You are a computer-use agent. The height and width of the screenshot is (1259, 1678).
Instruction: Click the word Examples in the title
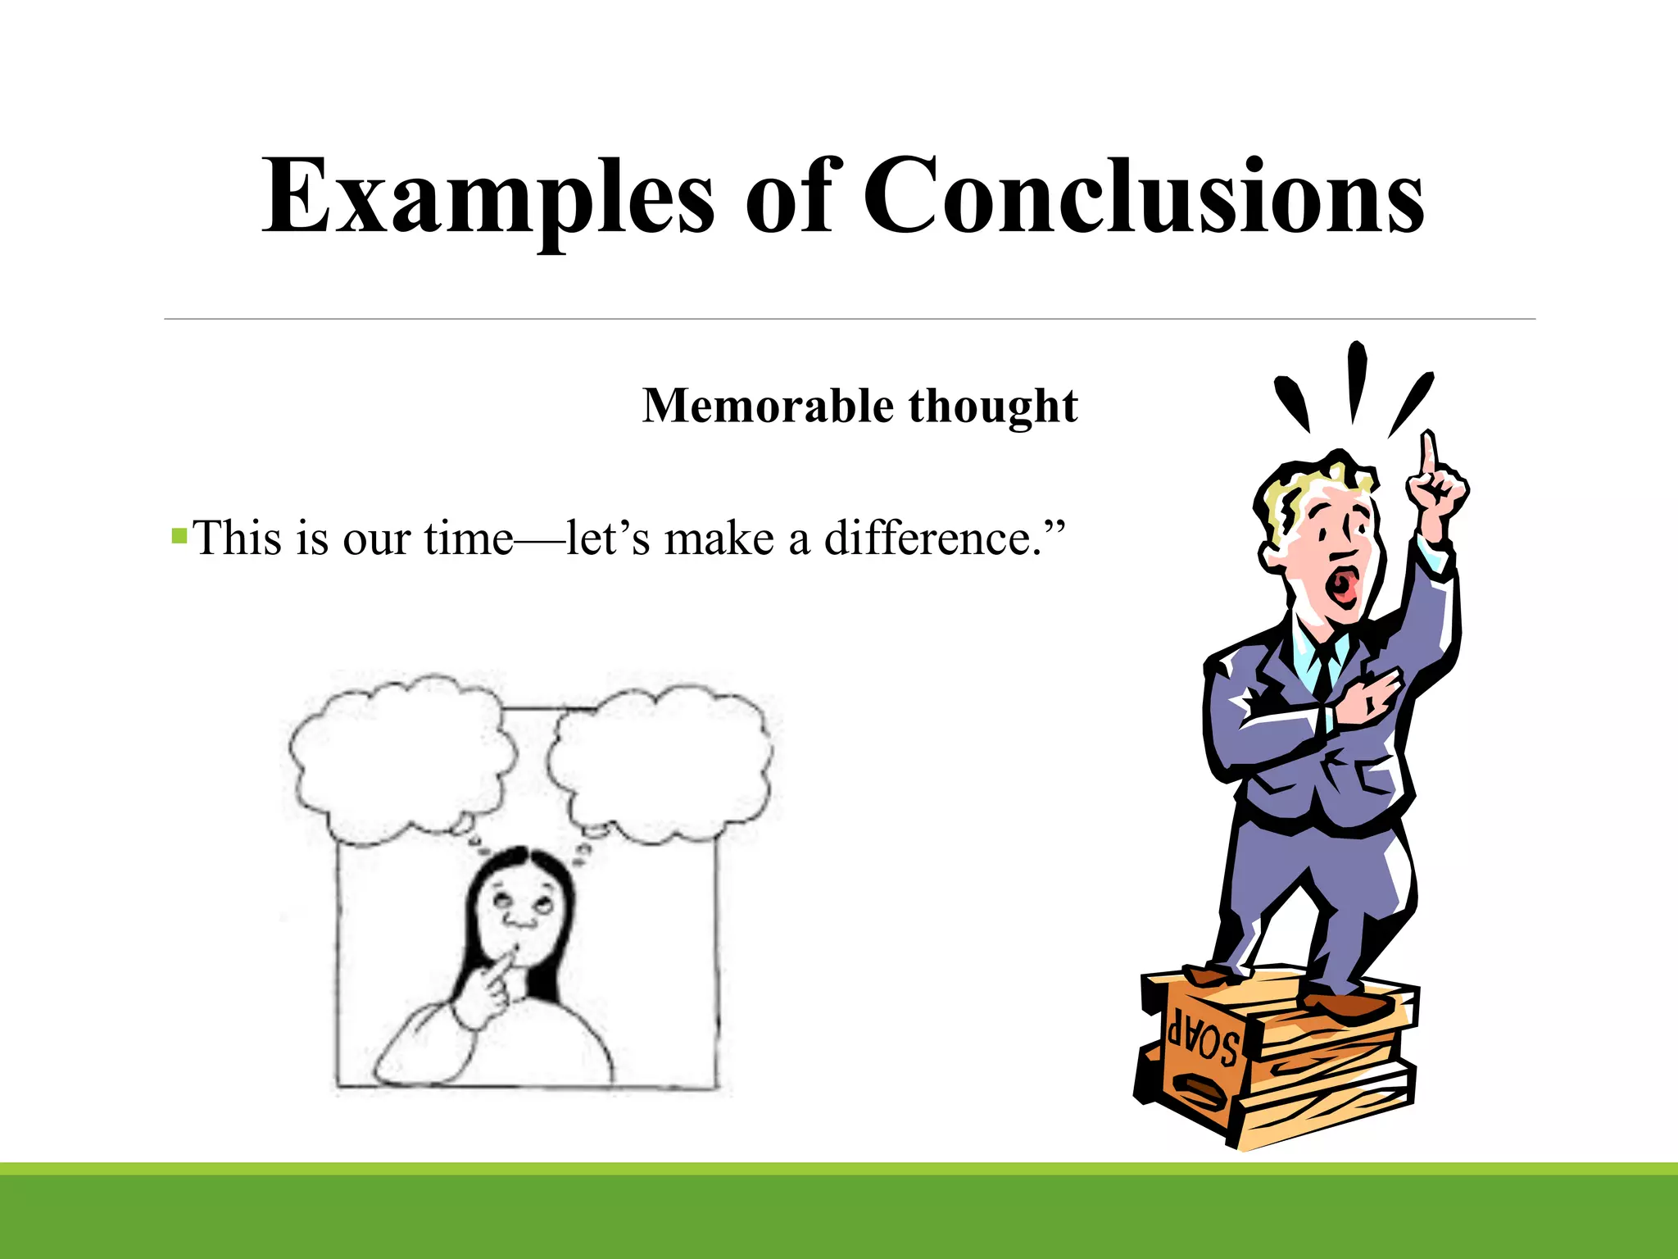488,197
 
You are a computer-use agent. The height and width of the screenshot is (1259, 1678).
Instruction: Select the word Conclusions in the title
1144,197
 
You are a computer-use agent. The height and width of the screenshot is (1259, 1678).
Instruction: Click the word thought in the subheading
993,406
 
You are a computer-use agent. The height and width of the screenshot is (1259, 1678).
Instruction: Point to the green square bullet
179,537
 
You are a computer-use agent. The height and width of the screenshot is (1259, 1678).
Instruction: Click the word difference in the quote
932,539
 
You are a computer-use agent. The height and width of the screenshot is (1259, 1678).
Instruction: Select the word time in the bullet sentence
469,539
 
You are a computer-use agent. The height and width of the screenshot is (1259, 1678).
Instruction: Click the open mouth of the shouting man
1344,584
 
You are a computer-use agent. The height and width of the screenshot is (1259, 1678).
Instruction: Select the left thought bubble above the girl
401,758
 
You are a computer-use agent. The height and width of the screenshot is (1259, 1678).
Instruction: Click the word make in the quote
719,539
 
